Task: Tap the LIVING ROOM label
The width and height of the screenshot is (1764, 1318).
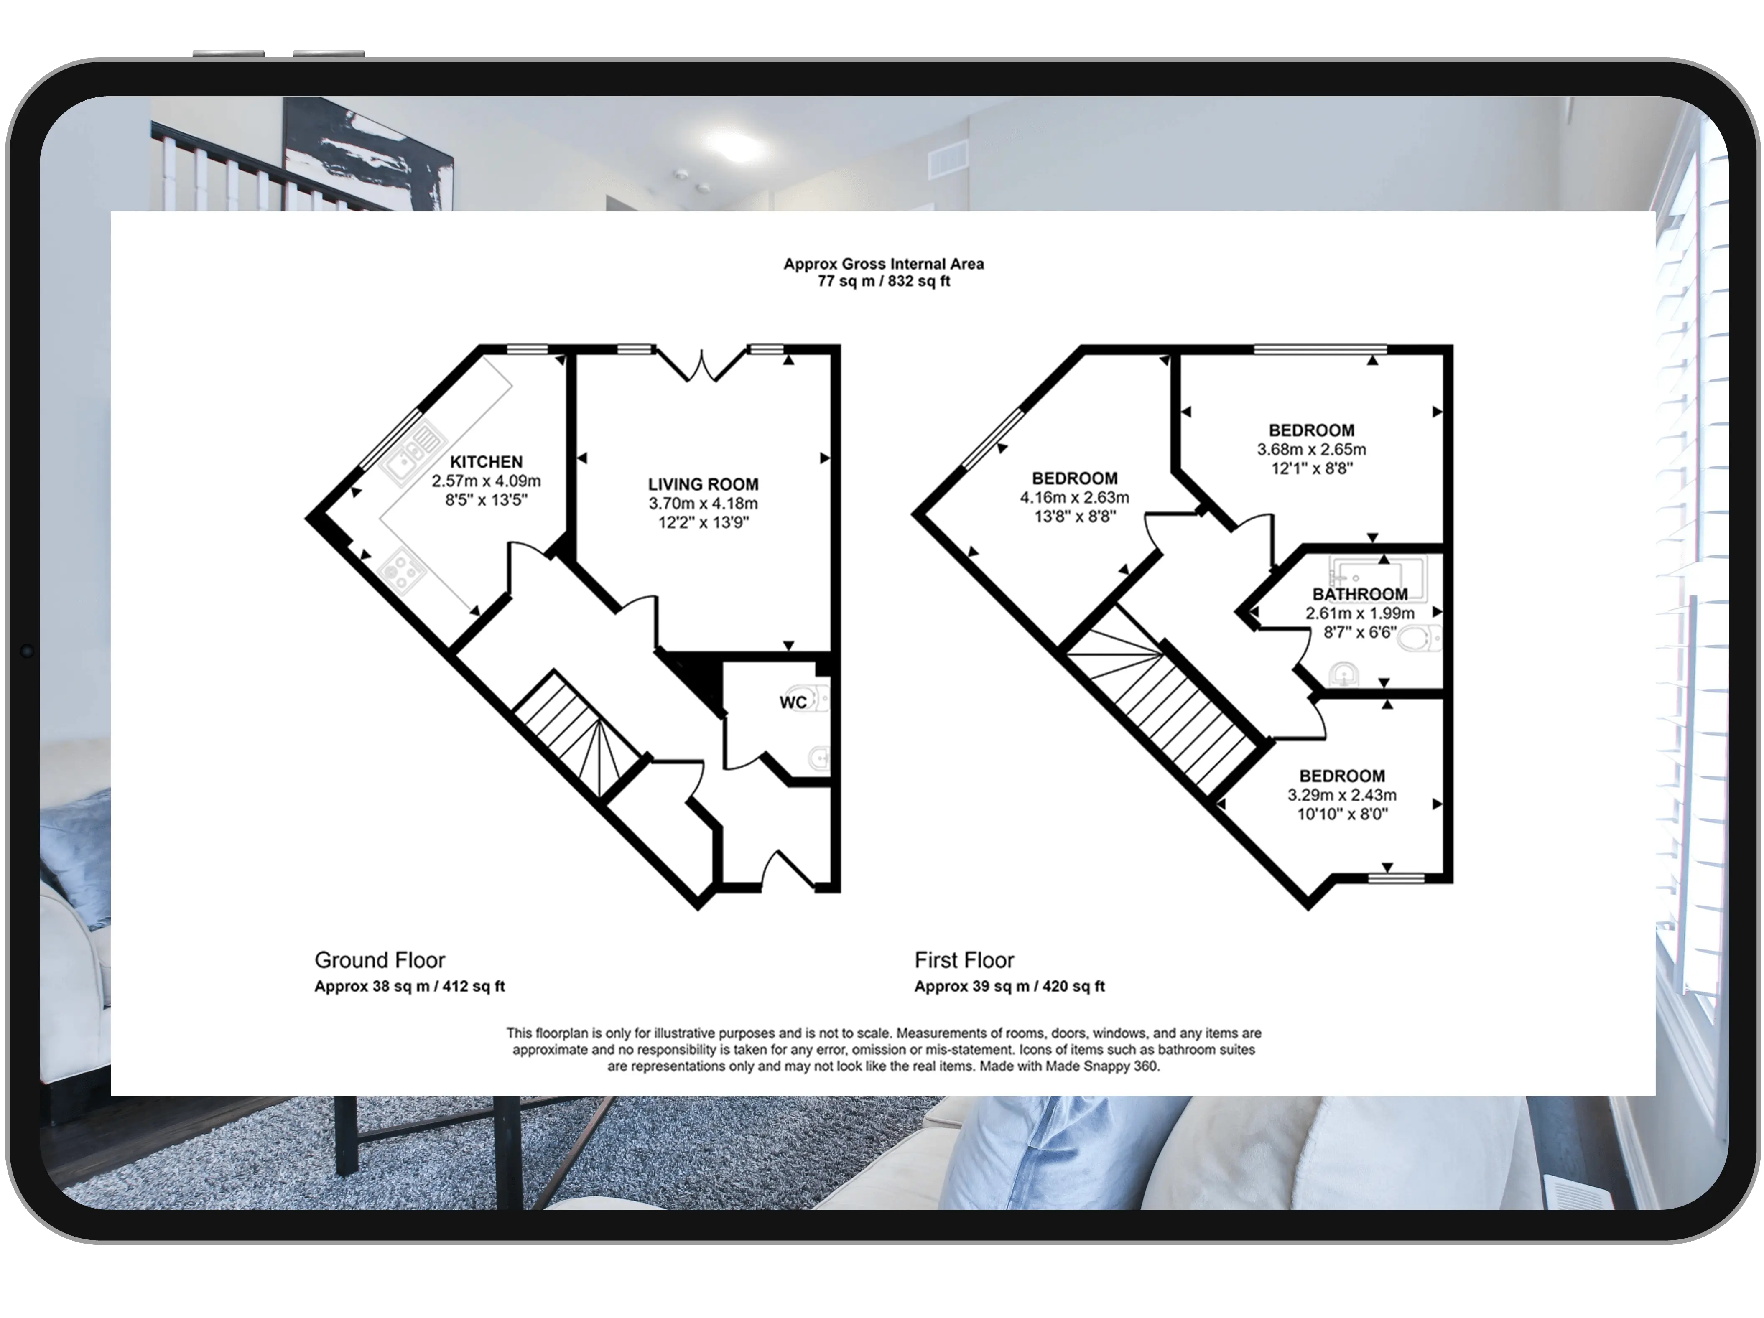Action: (703, 484)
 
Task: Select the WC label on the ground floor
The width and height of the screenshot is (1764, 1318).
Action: (793, 702)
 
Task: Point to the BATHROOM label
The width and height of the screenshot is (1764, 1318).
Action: (1360, 594)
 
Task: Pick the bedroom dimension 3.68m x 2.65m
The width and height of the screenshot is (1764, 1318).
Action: (1311, 449)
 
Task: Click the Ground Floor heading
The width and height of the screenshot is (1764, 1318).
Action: (380, 960)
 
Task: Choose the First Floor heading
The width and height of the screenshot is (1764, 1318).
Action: (964, 960)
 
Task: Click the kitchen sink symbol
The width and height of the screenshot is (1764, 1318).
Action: (412, 451)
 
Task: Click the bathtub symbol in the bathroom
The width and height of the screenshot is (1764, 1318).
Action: (1377, 572)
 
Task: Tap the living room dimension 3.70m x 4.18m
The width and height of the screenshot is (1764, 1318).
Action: (703, 503)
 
